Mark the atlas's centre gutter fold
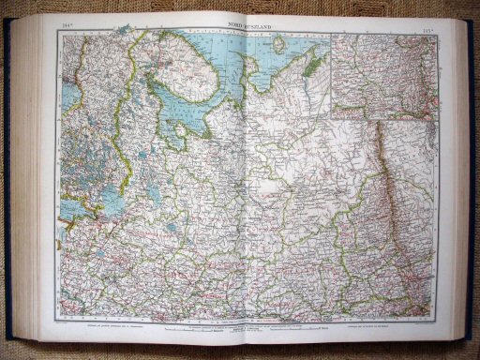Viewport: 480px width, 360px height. pyautogui.click(x=241, y=187)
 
